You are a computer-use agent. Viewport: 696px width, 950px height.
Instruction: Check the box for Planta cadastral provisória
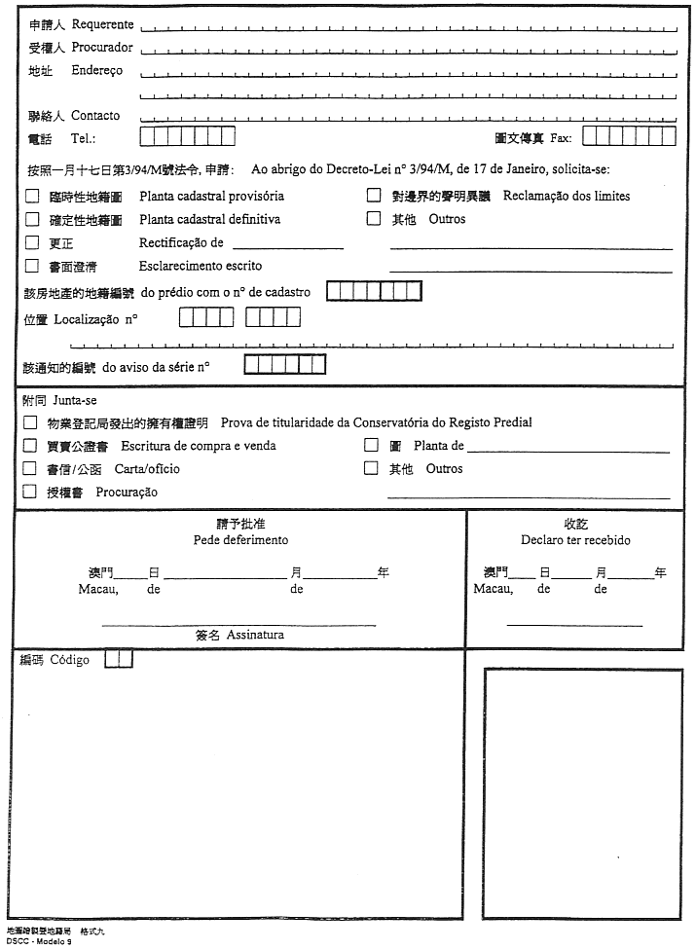[32, 196]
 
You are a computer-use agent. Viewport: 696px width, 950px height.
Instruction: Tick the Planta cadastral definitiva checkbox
[32, 219]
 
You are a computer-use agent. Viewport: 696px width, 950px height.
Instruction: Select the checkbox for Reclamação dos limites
[373, 196]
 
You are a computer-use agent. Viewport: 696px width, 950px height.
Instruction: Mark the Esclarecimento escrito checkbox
[32, 266]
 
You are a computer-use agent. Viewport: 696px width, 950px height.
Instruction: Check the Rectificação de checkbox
[32, 242]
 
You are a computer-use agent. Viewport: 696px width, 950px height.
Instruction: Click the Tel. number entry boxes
[188, 136]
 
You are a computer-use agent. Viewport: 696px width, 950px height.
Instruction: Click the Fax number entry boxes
[629, 136]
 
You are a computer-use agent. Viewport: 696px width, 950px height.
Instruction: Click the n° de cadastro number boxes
[374, 291]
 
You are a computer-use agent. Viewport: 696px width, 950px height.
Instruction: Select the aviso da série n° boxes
[284, 365]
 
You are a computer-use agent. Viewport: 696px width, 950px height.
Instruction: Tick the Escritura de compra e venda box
[30, 446]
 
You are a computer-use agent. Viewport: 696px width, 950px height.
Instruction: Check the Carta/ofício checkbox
[30, 469]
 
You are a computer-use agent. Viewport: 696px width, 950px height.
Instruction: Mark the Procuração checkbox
[30, 493]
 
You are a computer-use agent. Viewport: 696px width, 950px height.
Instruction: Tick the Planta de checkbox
[371, 446]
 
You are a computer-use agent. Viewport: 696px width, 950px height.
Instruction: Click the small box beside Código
[118, 659]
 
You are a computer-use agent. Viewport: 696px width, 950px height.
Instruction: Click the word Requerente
[103, 24]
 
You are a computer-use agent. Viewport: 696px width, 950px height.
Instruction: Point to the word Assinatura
[255, 635]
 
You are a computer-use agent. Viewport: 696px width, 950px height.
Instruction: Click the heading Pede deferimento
[240, 539]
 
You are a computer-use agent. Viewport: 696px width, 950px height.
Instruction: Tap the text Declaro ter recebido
[575, 539]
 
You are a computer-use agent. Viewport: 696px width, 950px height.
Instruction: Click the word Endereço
[97, 71]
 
